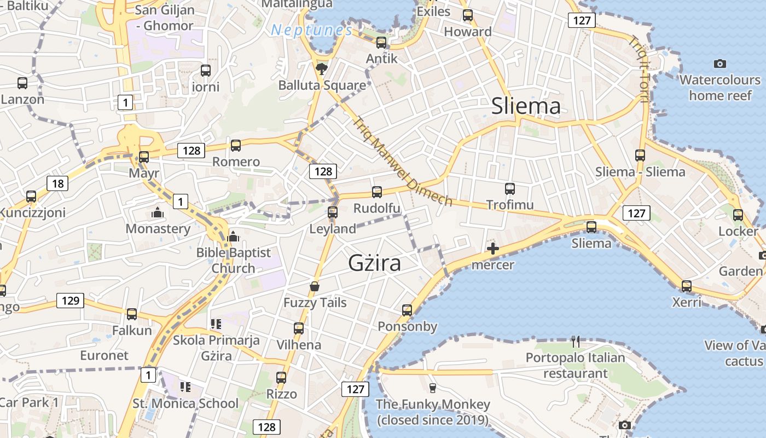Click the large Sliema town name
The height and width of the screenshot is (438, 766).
[x=526, y=106]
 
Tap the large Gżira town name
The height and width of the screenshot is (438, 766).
[x=374, y=263]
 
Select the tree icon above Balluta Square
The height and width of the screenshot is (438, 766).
[x=322, y=68]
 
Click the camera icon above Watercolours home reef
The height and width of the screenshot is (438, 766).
[x=720, y=64]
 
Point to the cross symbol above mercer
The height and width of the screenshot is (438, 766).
[x=493, y=249]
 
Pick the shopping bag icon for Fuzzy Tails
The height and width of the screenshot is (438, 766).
[x=315, y=286]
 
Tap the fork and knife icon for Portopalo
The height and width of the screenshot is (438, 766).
[x=575, y=342]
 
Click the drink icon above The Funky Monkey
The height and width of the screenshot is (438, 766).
[x=432, y=388]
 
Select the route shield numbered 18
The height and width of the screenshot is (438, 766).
[x=57, y=183]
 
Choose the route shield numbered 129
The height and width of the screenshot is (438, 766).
[x=70, y=300]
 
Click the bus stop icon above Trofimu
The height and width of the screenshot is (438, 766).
[x=510, y=189]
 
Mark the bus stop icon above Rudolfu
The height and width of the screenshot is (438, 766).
[x=376, y=192]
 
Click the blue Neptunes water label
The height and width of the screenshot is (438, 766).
[x=311, y=30]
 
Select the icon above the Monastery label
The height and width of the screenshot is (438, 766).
[x=158, y=212]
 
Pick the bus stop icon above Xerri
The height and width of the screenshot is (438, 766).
[x=686, y=286]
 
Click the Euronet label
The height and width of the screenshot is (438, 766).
[x=104, y=355]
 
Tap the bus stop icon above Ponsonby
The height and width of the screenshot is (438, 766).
[x=407, y=310]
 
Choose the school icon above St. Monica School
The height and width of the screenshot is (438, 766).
[x=185, y=387]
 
